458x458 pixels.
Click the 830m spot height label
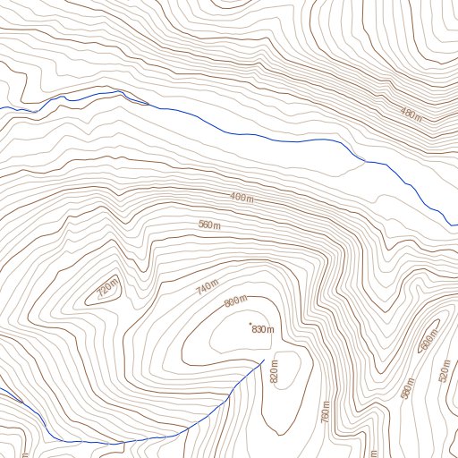coord(262,330)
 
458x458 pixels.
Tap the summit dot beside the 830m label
coord(250,323)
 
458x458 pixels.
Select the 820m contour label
coord(274,369)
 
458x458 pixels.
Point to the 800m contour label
coord(235,302)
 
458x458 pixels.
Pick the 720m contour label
coord(106,288)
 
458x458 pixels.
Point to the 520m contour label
coord(445,371)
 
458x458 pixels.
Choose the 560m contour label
coord(209,225)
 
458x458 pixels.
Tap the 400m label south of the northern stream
coord(242,197)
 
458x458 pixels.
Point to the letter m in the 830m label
coord(269,330)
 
